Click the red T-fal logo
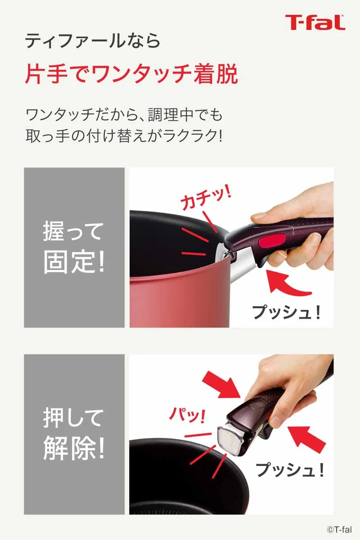click(315, 22)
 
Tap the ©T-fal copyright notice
click(339, 529)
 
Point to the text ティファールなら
click(93, 40)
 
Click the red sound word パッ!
click(187, 414)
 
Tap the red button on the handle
click(272, 240)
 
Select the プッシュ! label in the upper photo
click(286, 312)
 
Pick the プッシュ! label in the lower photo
click(290, 469)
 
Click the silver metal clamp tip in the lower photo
click(231, 440)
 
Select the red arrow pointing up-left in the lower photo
click(307, 437)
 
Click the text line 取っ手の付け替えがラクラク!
click(124, 136)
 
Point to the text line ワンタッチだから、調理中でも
click(124, 115)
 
